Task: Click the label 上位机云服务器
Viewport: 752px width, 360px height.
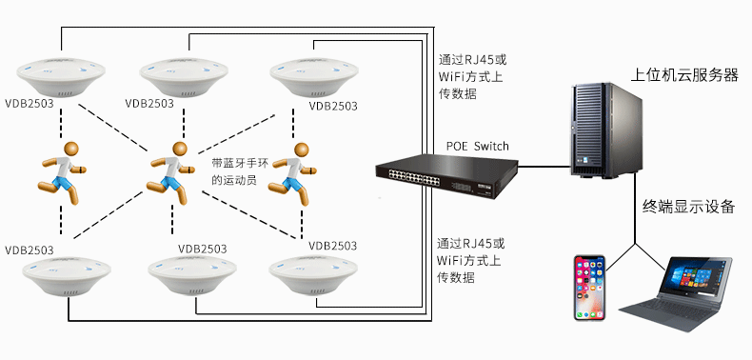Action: coord(684,75)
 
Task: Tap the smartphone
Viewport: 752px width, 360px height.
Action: coord(590,288)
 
